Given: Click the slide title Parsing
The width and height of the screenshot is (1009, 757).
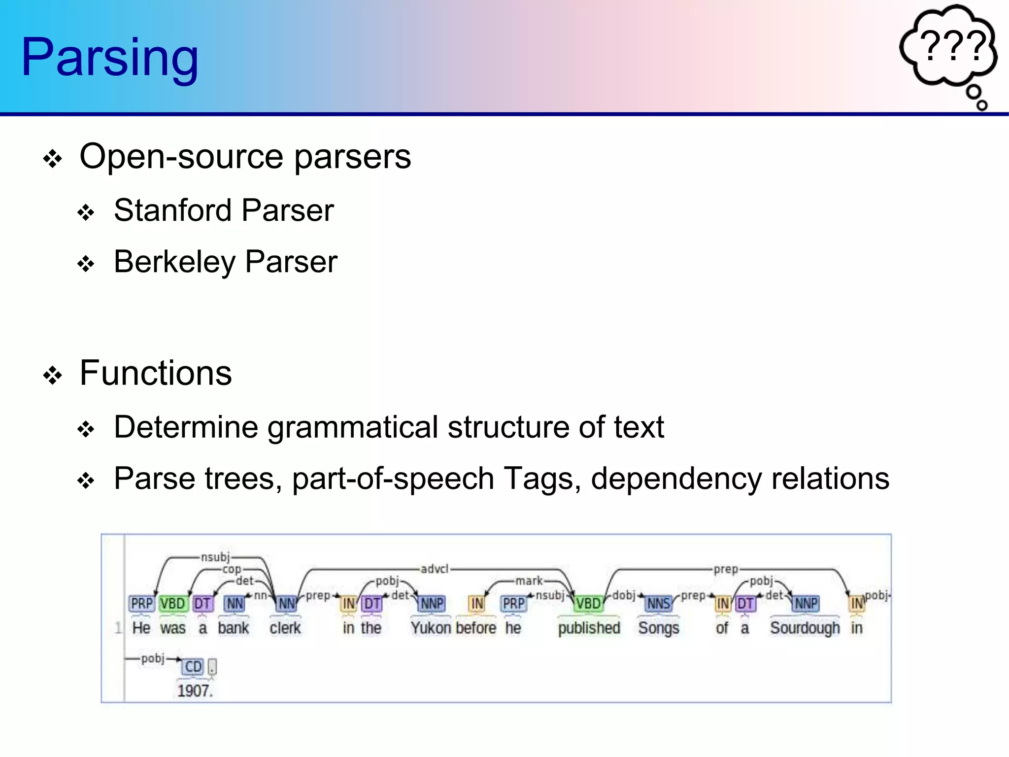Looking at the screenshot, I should (109, 58).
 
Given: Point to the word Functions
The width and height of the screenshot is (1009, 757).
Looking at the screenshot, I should (156, 374).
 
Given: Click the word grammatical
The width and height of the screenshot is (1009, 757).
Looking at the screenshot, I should (353, 427).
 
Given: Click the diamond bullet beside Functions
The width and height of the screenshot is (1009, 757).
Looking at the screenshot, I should (53, 376).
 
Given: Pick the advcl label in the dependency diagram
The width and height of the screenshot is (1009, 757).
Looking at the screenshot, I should (434, 569).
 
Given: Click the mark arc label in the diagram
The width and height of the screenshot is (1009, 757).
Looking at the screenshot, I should (529, 581).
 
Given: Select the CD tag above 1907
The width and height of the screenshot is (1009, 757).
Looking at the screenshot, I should (193, 667).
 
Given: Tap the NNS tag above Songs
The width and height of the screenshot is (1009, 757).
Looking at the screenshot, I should (658, 604).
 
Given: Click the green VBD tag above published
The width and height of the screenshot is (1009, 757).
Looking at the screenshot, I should (588, 604).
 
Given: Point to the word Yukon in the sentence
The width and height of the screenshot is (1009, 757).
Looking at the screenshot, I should (431, 628).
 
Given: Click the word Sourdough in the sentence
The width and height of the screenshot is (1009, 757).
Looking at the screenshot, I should (805, 628).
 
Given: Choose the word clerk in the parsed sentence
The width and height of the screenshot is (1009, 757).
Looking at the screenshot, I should (285, 628).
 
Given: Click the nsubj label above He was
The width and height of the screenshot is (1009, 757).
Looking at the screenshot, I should (215, 557).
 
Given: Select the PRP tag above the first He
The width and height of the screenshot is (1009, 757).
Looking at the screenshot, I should (142, 604).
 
